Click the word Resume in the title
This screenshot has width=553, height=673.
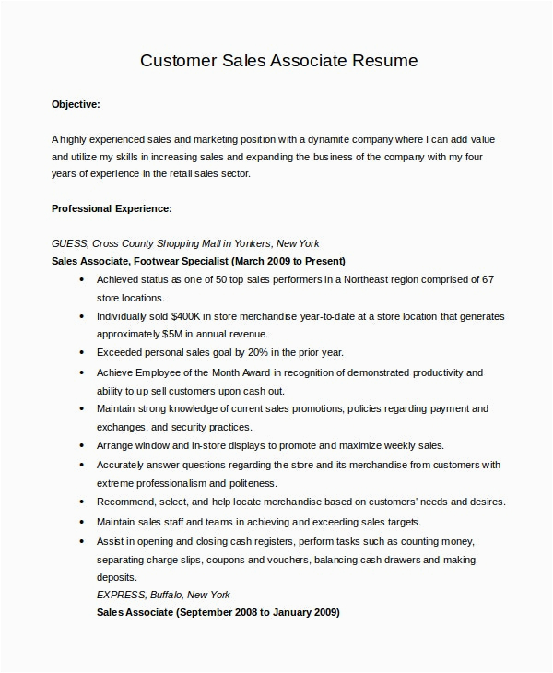(386, 62)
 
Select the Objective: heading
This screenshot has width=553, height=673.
(76, 105)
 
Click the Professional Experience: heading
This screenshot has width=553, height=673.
(112, 209)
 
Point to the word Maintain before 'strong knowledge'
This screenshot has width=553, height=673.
(118, 408)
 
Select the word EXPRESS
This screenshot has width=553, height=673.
(121, 595)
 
